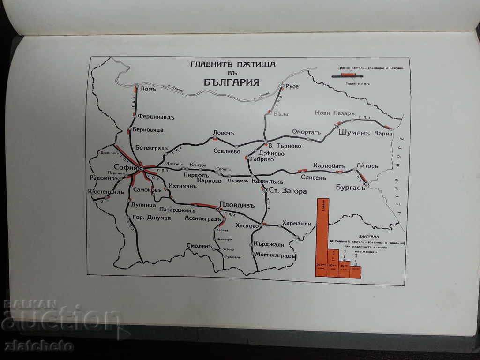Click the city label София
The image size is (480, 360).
pos(125,167)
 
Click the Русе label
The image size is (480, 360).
pos(292,86)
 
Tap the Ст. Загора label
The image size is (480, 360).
pos(287,191)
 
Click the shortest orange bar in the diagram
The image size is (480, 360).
pos(355,272)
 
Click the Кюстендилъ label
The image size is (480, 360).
pos(106,191)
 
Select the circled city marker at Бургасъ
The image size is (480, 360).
pos(366,184)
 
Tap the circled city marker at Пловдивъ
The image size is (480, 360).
pos(217,210)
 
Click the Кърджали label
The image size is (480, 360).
pos(269,244)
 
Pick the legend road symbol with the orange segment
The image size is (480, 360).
pos(347,75)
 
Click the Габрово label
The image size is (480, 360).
pos(262,159)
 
